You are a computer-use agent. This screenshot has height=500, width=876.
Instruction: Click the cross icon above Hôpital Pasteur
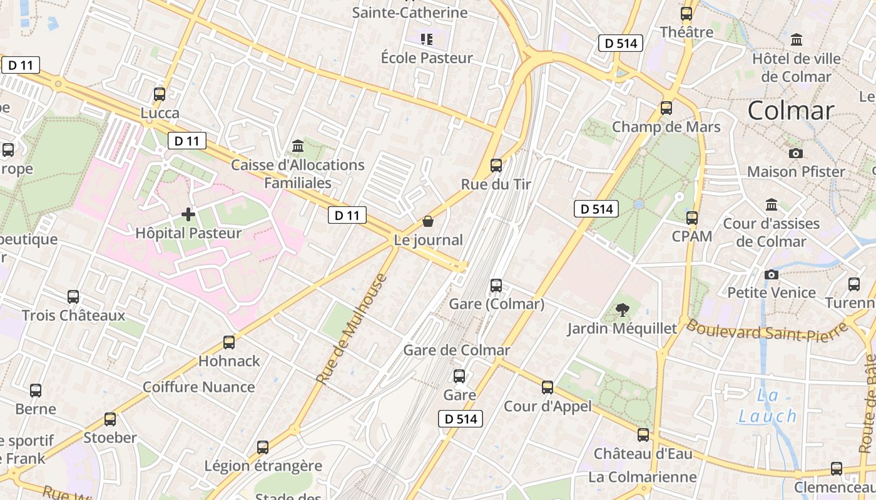pos(188,214)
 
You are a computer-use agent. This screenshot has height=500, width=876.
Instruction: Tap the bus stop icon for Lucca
pos(160,94)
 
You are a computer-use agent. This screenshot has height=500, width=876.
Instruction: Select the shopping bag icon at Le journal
pos(428,221)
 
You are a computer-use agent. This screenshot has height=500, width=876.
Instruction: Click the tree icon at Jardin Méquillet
pos(622,309)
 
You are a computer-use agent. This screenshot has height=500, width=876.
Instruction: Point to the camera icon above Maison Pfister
pos(796,153)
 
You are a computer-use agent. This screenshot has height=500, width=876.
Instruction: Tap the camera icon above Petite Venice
pos(772,274)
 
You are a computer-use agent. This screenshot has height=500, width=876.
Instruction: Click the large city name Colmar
pos(791,111)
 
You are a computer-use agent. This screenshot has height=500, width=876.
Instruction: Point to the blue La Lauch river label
pos(768,406)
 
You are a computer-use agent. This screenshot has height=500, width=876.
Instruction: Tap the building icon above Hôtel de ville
pos(797,40)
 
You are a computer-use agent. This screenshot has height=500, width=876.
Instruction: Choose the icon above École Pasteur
pos(427,40)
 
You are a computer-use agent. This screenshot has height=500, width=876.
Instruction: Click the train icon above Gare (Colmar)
pos(496,286)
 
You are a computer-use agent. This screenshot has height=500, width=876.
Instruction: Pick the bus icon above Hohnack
pos(229,342)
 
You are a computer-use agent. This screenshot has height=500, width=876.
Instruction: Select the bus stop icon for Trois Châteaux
pos(73,297)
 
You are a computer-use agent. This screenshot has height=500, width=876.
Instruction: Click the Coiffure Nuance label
pos(198,387)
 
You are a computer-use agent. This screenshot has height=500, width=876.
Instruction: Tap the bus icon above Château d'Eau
pos(643,435)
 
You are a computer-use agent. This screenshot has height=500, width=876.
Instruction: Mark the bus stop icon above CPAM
pos(692,218)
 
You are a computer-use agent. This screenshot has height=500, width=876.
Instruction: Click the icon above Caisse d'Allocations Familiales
pos(298,146)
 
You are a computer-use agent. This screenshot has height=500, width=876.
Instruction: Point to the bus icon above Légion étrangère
pos(263,447)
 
